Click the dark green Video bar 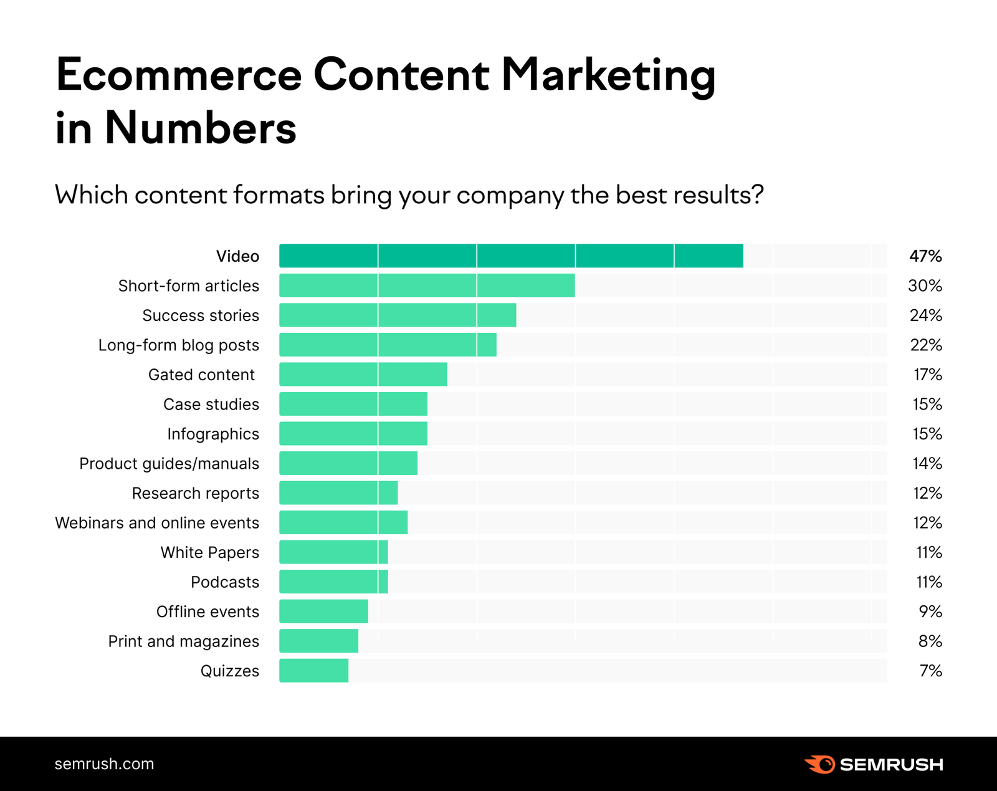(x=511, y=256)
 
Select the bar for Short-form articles (x=427, y=285)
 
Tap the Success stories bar (x=398, y=315)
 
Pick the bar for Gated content (x=363, y=375)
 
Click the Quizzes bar (x=313, y=671)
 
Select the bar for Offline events (x=323, y=611)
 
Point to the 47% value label (x=925, y=256)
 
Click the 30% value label (x=925, y=286)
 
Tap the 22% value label (x=926, y=345)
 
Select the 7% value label (x=930, y=671)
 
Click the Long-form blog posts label (x=179, y=345)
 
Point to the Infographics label (x=213, y=434)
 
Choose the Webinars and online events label (x=157, y=523)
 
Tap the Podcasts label (x=225, y=582)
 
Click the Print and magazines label (x=184, y=641)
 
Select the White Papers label (x=210, y=553)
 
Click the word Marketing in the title (x=608, y=76)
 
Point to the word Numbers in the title (x=201, y=128)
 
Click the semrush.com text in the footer (x=104, y=764)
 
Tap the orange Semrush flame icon (x=820, y=764)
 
